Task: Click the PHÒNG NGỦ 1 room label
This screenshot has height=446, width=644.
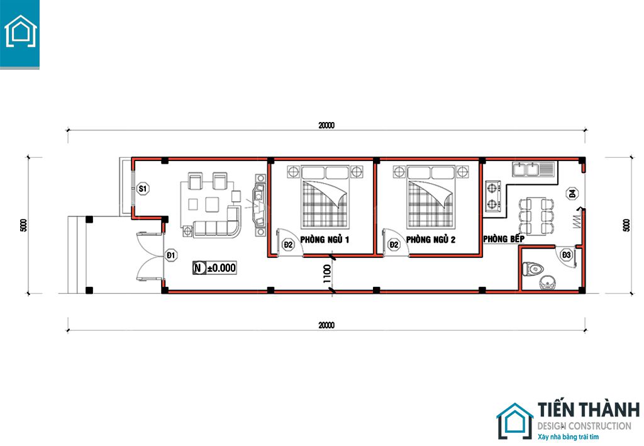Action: pyautogui.click(x=325, y=240)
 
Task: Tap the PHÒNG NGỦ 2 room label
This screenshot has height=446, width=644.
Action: pyautogui.click(x=430, y=240)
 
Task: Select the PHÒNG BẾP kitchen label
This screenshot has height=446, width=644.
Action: pyautogui.click(x=504, y=238)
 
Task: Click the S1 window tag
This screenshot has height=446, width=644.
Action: pyautogui.click(x=143, y=189)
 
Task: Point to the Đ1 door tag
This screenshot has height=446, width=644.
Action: pyautogui.click(x=171, y=255)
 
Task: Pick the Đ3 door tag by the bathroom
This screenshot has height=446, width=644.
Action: pyautogui.click(x=567, y=255)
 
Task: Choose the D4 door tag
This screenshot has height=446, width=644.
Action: pyautogui.click(x=572, y=193)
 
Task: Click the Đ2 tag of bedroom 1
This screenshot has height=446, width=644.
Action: pyautogui.click(x=288, y=245)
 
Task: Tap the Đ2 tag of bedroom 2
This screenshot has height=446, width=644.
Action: pyautogui.click(x=394, y=245)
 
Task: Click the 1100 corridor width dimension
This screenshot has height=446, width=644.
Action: pyautogui.click(x=327, y=274)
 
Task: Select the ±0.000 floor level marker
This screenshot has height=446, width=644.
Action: pyautogui.click(x=214, y=268)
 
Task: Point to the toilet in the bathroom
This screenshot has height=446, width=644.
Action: pyautogui.click(x=533, y=269)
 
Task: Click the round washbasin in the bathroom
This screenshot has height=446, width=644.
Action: pyautogui.click(x=548, y=282)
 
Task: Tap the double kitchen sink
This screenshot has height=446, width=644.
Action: pyautogui.click(x=533, y=169)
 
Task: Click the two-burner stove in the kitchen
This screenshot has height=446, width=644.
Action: pyautogui.click(x=493, y=196)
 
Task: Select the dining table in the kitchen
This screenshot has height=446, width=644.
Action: pyautogui.click(x=536, y=216)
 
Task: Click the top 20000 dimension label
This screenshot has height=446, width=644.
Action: pyautogui.click(x=326, y=125)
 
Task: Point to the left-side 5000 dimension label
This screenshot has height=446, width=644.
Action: pyautogui.click(x=24, y=225)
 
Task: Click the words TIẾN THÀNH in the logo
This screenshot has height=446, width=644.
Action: pyautogui.click(x=589, y=410)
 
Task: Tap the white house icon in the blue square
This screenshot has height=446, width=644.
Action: pyautogui.click(x=20, y=31)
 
